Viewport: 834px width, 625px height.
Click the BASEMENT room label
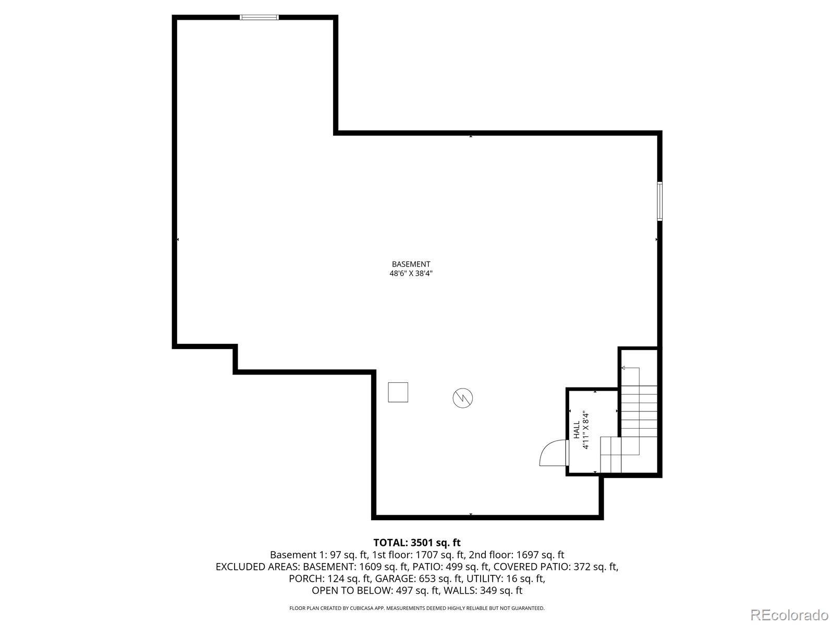coord(411,264)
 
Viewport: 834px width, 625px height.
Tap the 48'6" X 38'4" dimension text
coord(411,273)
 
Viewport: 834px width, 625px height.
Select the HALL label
coord(577,430)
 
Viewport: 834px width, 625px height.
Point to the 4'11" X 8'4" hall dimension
coord(585,430)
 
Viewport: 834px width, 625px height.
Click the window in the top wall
coord(259,17)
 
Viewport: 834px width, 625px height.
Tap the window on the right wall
coord(660,202)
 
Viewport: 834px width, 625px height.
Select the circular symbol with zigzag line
coord(463,398)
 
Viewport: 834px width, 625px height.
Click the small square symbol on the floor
coord(398,392)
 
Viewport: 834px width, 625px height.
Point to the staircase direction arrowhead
coord(623,368)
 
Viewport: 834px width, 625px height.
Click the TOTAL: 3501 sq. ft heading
coord(417,543)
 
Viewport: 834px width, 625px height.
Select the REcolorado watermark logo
coord(790,615)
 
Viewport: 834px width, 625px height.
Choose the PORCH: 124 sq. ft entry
coord(329,578)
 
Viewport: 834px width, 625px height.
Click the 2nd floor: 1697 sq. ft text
coord(517,555)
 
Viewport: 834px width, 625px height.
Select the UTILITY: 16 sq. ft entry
coord(506,578)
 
